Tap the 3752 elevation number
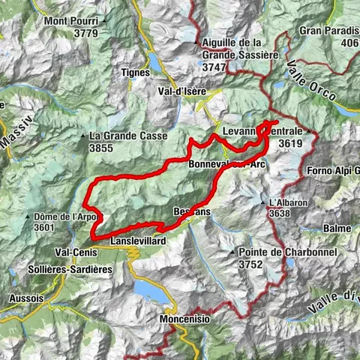tap(253, 264)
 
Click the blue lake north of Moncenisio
tap(150, 289)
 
